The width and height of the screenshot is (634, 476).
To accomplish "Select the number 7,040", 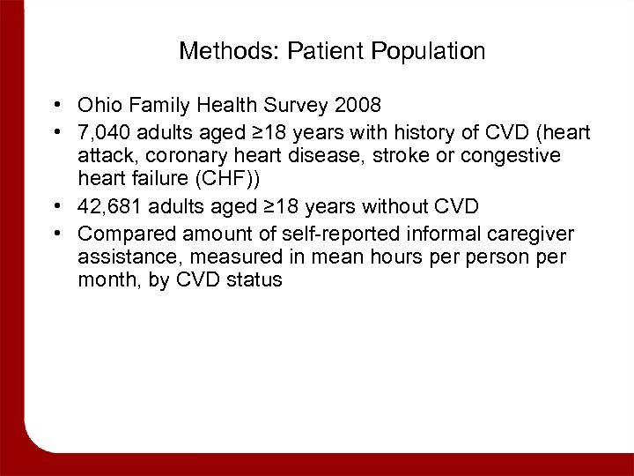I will [103, 132].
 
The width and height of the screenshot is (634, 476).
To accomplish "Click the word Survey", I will [283, 106].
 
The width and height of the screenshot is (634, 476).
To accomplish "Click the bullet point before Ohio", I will [55, 106].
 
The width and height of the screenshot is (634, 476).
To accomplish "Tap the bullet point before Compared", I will [55, 234].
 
